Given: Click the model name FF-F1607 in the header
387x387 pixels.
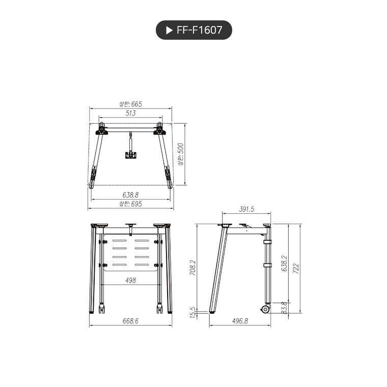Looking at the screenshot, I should (199, 30).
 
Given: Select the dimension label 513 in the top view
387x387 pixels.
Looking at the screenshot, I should (130, 114).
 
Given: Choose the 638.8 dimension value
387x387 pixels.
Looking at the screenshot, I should (130, 195).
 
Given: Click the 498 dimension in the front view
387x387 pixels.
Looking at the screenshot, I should (130, 280).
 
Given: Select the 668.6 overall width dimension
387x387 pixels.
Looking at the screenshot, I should (130, 321).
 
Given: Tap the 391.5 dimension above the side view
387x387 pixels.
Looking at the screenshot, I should (246, 209).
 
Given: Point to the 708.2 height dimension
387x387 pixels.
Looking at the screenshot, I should (192, 268).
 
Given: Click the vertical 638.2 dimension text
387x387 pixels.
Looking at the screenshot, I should (284, 264).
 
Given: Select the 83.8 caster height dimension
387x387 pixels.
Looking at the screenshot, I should (284, 308).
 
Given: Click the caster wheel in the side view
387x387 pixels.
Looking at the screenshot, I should (265, 309).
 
